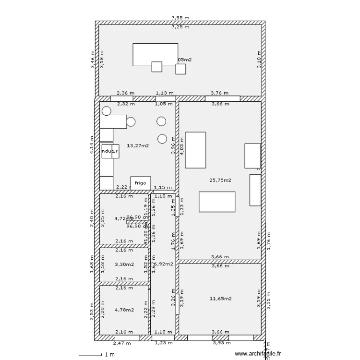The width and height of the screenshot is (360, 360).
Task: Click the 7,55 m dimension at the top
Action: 180,18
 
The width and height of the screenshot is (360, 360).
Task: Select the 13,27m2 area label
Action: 137,145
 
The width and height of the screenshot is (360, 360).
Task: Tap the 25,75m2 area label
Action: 220,180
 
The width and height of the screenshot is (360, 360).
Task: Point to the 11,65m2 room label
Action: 220,299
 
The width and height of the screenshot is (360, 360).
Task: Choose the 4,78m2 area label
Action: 124,310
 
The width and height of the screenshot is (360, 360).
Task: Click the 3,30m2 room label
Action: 124,264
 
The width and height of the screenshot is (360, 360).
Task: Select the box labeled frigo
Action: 140,183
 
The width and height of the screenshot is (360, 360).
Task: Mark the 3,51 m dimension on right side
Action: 269,301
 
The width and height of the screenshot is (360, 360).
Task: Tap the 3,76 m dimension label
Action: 219,94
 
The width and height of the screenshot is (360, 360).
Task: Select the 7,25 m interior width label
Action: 180,27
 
